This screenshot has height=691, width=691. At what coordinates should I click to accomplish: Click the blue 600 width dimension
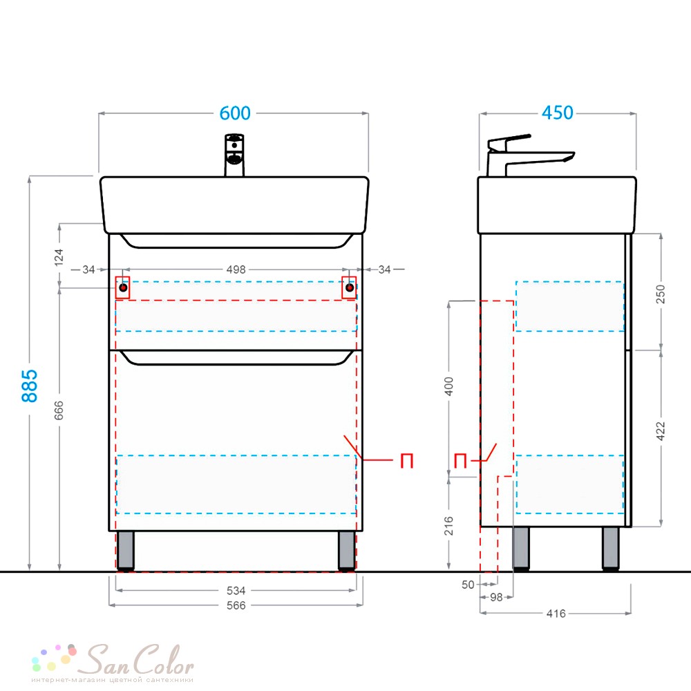click(236, 113)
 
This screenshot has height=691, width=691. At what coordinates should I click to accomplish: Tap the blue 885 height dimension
click(30, 386)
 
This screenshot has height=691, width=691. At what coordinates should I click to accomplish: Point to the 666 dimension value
click(59, 410)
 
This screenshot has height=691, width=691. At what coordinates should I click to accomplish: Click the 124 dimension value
click(59, 257)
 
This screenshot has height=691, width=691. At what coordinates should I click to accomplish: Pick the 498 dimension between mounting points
click(236, 269)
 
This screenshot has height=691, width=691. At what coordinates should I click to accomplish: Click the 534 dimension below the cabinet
click(236, 590)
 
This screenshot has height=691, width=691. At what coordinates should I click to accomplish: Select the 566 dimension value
click(236, 605)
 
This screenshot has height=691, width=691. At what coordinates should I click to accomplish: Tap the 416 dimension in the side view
click(556, 613)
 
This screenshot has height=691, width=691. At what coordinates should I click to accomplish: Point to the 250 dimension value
click(660, 294)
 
